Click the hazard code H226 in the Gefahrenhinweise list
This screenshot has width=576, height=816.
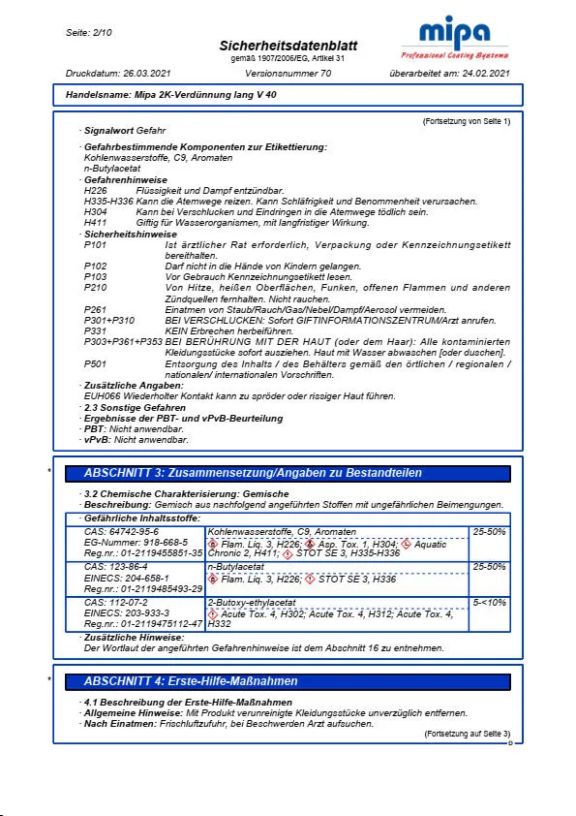95,191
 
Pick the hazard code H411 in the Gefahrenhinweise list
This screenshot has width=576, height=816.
95,222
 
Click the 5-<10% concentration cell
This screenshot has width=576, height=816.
490,602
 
